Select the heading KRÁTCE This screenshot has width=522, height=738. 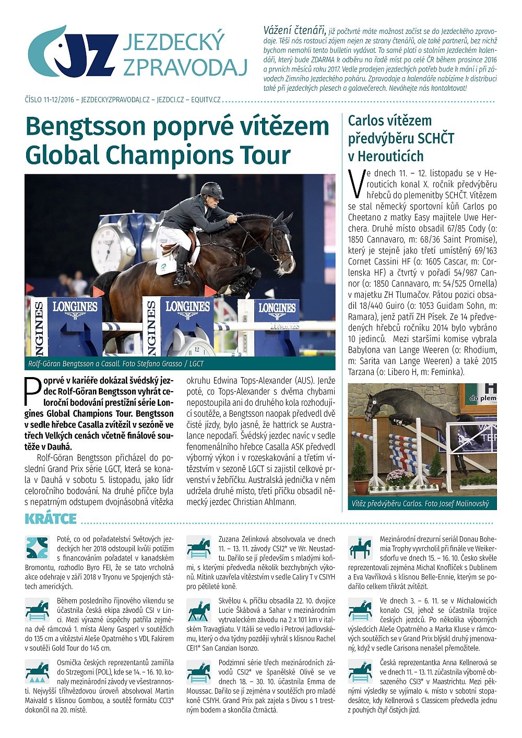51,518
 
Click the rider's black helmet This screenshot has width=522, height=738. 212,190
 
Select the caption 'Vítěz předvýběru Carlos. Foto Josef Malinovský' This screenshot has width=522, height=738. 421,503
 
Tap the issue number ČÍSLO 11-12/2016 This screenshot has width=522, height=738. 49,99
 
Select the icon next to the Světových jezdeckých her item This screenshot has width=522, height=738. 37,548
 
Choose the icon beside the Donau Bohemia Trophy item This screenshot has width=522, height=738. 360,547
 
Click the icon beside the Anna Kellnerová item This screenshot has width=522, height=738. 360,671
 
